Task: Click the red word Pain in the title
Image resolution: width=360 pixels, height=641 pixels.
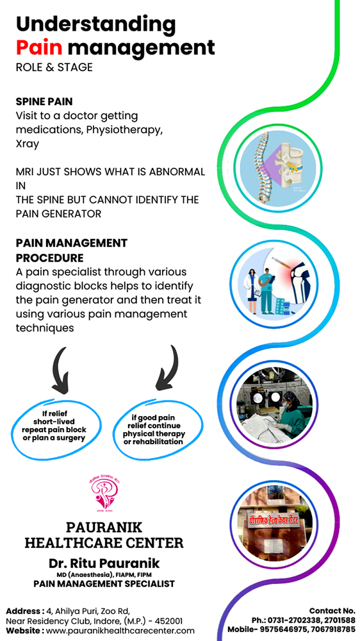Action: pos(39,47)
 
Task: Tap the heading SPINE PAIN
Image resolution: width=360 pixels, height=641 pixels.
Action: pos(44,101)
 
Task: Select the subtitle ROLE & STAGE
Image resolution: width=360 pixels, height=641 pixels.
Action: pos(54,67)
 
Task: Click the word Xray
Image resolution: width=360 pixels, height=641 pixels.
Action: pos(27,144)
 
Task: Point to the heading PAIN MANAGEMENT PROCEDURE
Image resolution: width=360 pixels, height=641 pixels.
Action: pos(71,251)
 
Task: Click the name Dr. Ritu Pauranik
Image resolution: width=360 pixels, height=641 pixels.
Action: pos(103,563)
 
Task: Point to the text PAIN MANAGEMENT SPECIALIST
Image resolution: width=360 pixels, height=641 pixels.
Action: pos(104,584)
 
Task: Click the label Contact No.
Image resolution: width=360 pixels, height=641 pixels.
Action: pos(332,611)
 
